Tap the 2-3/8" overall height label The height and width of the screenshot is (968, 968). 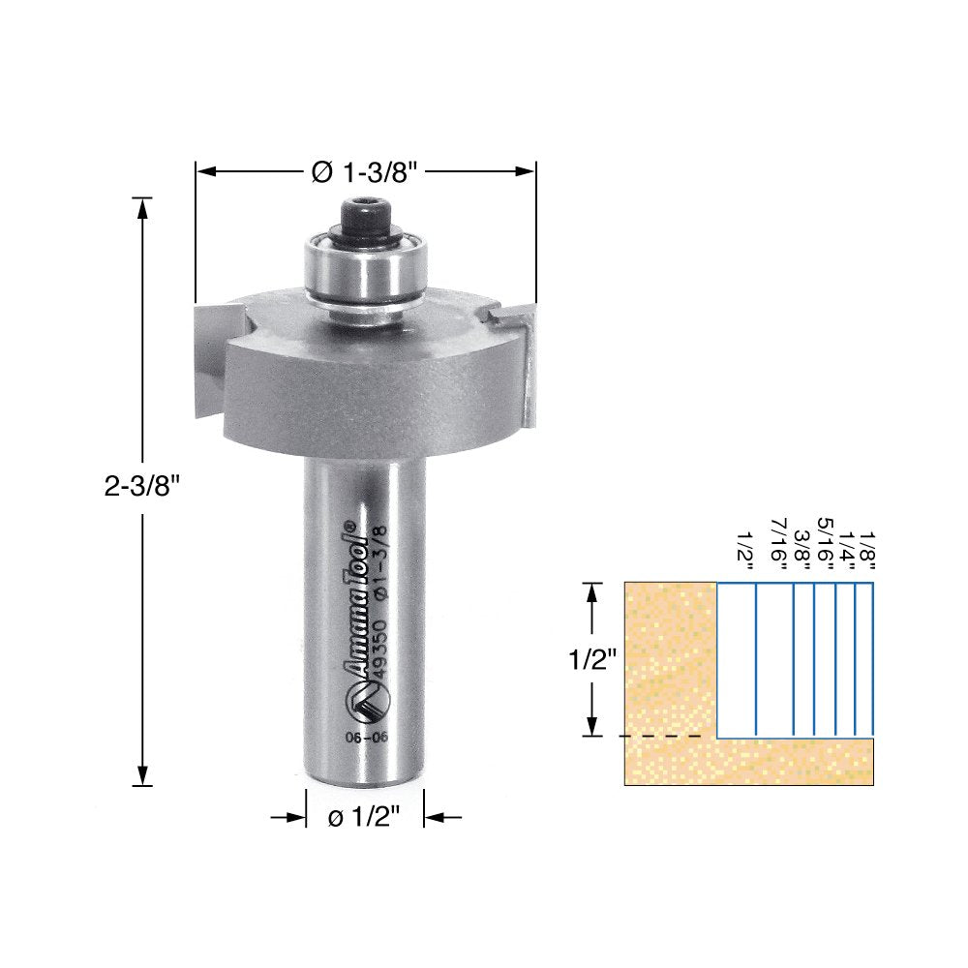point(142,488)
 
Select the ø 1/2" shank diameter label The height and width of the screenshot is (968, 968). point(365,818)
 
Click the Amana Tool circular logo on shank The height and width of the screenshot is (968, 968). point(368,700)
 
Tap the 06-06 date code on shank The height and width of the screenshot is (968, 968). point(367,738)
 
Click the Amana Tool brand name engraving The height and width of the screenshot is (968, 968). point(354,599)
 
